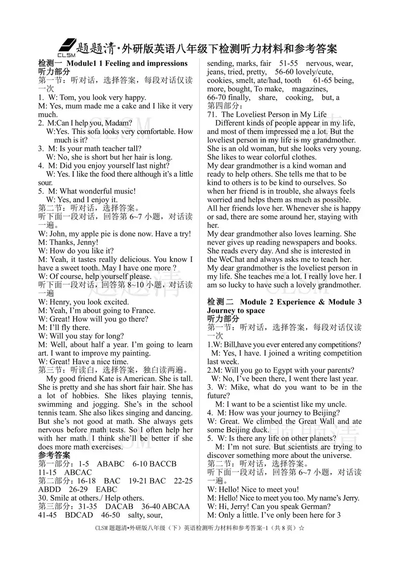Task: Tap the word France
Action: [x=144, y=310]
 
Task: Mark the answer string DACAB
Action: [x=119, y=506]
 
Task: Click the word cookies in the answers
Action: [x=219, y=80]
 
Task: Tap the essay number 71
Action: [x=212, y=115]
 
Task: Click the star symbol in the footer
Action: [x=302, y=528]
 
